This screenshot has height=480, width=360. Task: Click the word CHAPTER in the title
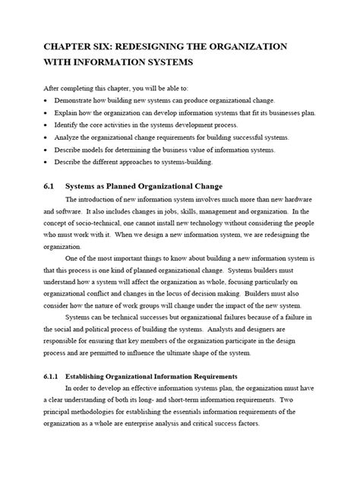(x=75, y=46)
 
